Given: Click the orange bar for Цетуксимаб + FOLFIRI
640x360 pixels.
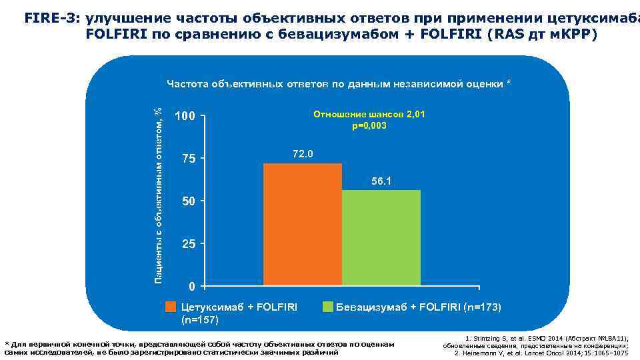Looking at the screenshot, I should pos(303,224).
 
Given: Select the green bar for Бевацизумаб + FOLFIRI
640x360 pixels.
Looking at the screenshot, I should pos(381,238).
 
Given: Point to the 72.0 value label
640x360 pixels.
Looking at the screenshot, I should pos(303,155).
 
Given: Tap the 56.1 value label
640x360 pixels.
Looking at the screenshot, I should pos(381,181).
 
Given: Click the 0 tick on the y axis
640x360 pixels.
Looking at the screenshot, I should pos(191,287).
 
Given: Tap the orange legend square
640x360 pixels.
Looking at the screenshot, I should pos(171,307).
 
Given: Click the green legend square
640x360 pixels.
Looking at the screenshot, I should pos(327,307).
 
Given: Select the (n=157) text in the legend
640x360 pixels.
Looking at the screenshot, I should pos(200,319).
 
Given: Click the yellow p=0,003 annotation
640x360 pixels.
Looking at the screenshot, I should pos(369,126).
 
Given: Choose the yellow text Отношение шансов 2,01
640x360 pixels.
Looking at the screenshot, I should pos(369,115).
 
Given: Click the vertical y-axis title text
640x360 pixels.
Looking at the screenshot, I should pos(158,191).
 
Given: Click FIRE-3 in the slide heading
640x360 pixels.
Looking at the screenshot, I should pos(52,19).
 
